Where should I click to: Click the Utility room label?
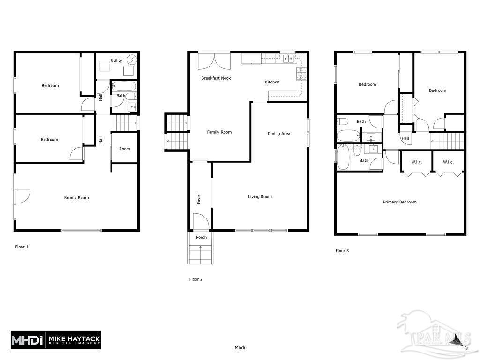click(x=116, y=60)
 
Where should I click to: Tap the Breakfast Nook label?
click(x=216, y=78)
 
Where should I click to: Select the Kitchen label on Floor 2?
click(x=272, y=82)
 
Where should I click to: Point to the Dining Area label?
click(x=279, y=134)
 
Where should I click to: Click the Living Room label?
click(x=260, y=197)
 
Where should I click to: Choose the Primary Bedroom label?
click(x=399, y=202)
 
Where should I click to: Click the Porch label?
click(x=201, y=237)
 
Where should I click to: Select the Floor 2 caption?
click(x=196, y=279)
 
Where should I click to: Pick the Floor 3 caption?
click(x=342, y=251)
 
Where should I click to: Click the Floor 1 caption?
click(x=22, y=247)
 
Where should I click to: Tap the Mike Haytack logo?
click(x=56, y=339)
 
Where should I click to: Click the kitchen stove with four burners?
click(x=301, y=73)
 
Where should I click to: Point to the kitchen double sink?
click(x=288, y=59)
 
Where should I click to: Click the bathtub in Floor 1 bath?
click(x=125, y=87)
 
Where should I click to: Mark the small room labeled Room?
click(x=124, y=149)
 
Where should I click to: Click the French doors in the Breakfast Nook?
click(x=214, y=62)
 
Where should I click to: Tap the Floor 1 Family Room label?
click(x=76, y=198)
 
